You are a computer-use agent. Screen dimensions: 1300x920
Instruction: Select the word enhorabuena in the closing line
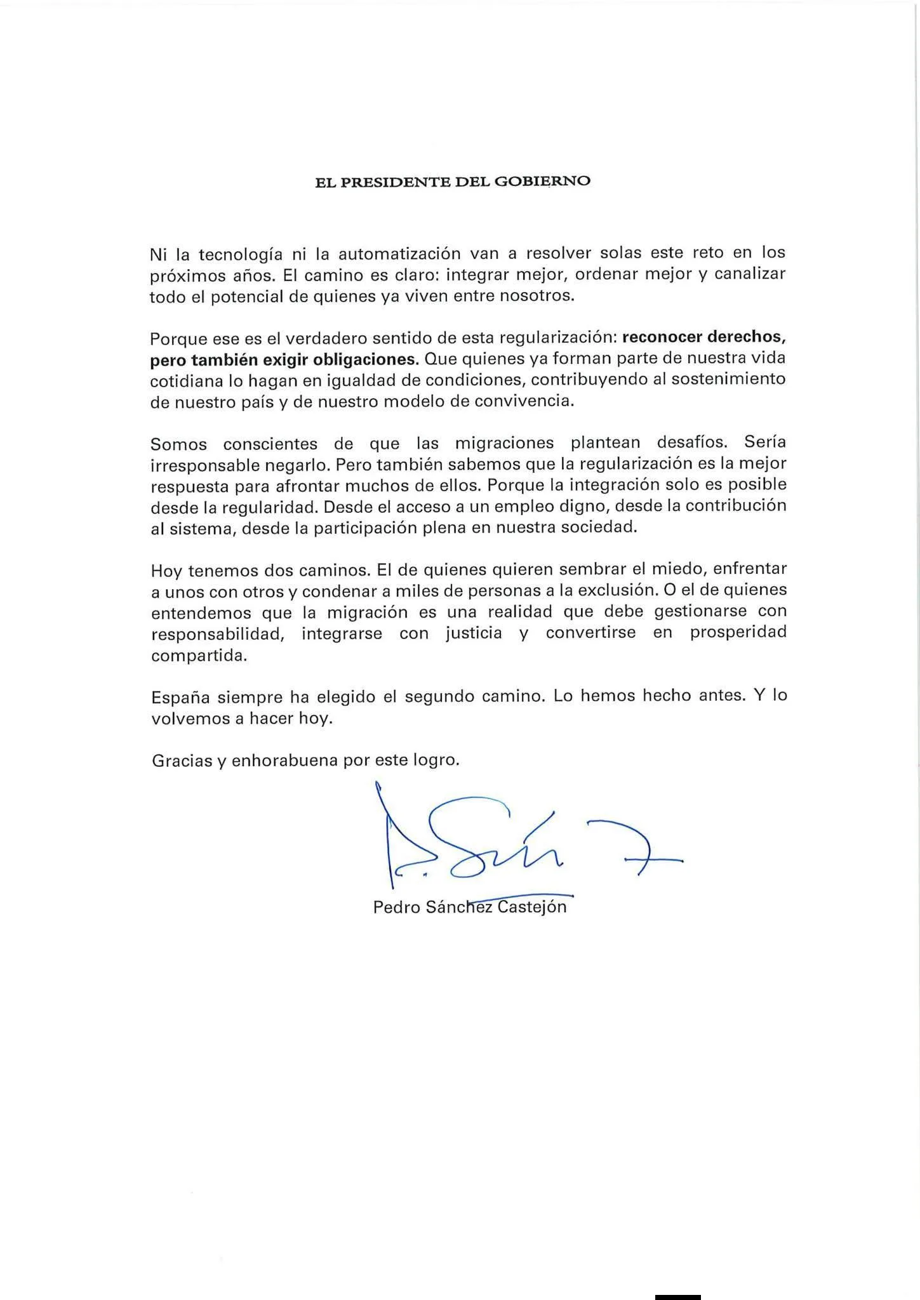(284, 760)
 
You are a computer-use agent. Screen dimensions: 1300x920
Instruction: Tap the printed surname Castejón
(532, 907)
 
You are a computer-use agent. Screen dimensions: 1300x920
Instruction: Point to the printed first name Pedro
(396, 908)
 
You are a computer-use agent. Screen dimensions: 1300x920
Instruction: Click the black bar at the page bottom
(677, 1296)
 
